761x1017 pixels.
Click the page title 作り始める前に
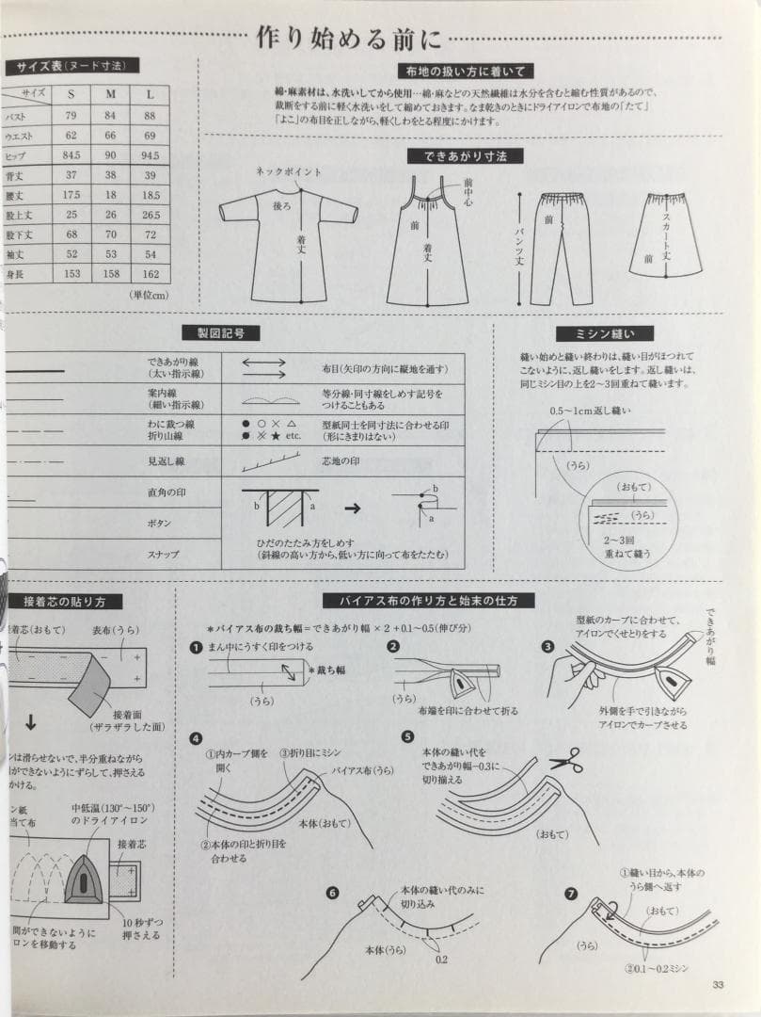350,39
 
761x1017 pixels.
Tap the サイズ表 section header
71,66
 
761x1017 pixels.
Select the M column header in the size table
110,94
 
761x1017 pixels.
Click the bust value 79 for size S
71,116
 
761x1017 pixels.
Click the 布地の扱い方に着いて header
466,71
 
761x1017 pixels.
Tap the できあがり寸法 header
456,155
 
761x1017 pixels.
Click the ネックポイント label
289,172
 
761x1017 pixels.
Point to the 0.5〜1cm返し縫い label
590,412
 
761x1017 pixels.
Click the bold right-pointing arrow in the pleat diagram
352,508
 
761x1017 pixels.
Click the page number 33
719,985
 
